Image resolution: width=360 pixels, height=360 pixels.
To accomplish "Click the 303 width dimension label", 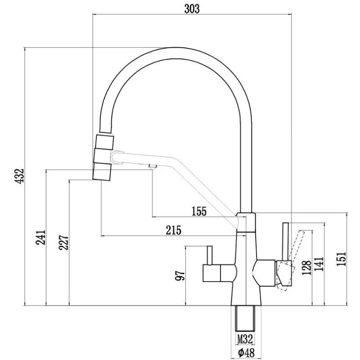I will [x=192, y=9].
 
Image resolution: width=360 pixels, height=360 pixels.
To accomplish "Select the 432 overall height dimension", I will [x=18, y=176].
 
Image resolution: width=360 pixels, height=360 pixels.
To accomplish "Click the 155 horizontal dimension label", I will [x=198, y=211].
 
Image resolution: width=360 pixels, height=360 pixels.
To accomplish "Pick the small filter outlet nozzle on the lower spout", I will [x=152, y=168].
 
